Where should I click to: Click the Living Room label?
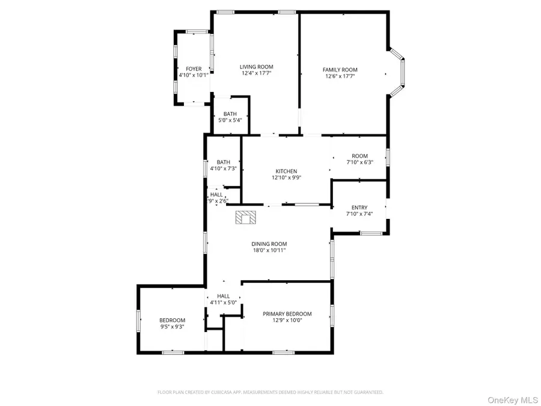(257, 67)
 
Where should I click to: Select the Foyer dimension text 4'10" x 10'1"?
(194, 76)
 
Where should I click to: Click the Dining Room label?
(269, 244)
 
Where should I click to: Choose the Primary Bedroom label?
(287, 314)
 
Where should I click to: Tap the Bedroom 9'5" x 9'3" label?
(172, 320)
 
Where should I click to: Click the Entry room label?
(359, 208)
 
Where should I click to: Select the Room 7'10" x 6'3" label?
(360, 156)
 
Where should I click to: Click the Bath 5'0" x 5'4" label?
(230, 114)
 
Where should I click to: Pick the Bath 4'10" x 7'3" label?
(224, 162)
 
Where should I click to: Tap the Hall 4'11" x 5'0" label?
(224, 296)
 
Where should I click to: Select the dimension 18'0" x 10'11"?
(269, 250)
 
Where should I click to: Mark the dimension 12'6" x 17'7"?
(340, 76)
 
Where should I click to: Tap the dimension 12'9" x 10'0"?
(287, 321)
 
